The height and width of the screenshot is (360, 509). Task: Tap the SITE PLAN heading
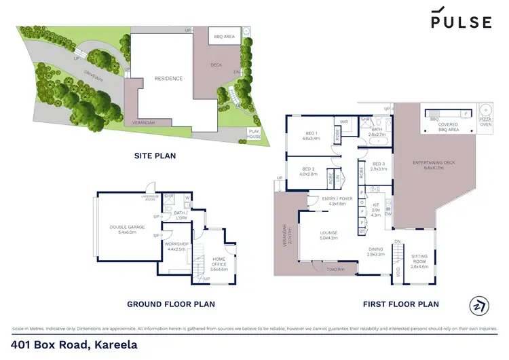point(155,156)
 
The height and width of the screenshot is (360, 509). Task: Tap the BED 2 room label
point(309,171)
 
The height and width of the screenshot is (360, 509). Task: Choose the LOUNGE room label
point(329,235)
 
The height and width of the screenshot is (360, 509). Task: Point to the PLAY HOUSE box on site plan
point(254,134)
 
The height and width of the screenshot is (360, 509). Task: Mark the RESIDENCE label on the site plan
point(168,78)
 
